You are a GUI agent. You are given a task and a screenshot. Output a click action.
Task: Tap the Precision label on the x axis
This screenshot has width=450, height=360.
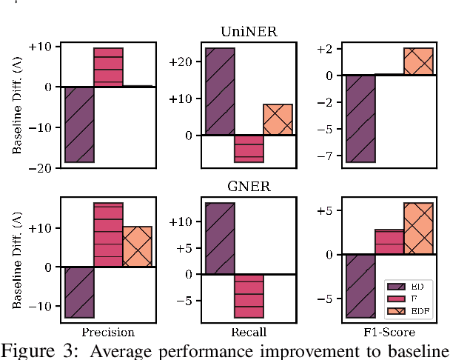(x=107, y=333)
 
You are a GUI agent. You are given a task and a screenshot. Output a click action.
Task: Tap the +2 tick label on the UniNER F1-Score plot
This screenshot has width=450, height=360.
(x=325, y=49)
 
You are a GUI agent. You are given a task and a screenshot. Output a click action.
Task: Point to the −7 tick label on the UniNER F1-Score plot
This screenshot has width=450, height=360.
(x=325, y=156)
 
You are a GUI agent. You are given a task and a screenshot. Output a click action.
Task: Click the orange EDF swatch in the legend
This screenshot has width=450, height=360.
(x=393, y=311)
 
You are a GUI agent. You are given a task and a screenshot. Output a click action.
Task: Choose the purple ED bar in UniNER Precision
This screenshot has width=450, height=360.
(x=78, y=124)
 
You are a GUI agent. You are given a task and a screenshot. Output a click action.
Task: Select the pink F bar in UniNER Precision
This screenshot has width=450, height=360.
(x=108, y=67)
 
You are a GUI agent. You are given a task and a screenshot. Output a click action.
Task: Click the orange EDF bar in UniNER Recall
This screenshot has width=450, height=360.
(x=278, y=120)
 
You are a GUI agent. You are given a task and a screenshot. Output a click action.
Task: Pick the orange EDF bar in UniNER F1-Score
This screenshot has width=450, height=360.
(x=418, y=61)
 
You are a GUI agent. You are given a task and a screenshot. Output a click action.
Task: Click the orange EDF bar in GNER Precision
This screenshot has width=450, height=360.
(x=137, y=247)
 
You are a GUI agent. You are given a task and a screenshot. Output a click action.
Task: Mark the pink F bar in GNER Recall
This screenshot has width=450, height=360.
(x=249, y=296)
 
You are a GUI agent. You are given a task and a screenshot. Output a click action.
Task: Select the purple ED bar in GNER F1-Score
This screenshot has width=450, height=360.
(x=360, y=286)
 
